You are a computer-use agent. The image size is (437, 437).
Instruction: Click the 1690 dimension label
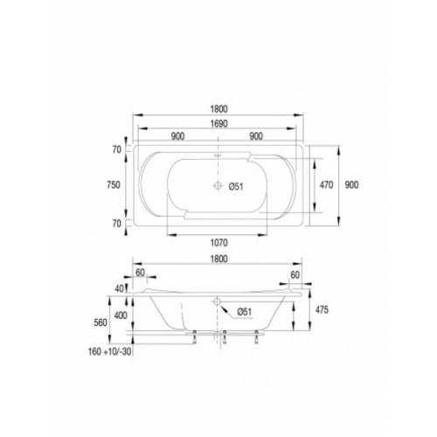point(218,124)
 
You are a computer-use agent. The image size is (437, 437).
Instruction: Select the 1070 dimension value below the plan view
point(218,243)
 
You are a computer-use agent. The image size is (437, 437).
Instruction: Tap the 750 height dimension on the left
point(114,184)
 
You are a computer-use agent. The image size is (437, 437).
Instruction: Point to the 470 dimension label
point(326,184)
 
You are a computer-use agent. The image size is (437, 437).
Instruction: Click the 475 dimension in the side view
point(322,309)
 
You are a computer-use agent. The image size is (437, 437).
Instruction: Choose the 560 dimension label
point(101,323)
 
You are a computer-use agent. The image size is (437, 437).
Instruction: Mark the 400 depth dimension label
point(121,316)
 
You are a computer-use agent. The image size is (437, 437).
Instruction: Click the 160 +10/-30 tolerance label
point(109,351)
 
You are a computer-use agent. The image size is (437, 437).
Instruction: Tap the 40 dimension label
point(119,288)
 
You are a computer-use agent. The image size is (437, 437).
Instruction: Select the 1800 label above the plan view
point(218,109)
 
